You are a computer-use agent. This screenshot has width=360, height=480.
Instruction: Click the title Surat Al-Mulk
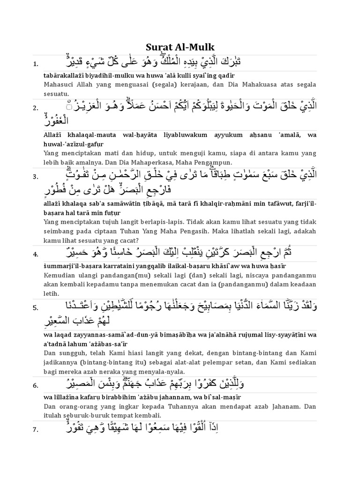pyautogui.click(x=180, y=47)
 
